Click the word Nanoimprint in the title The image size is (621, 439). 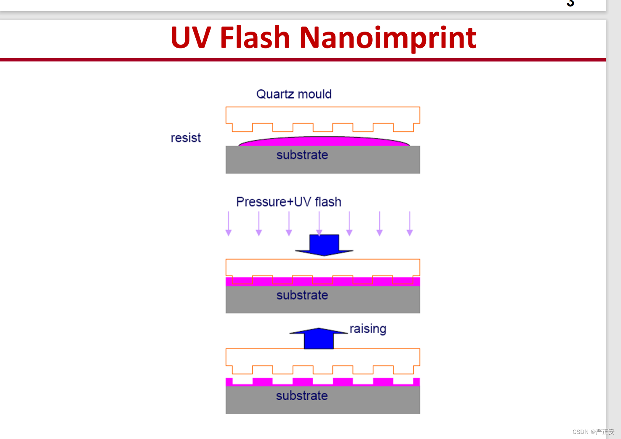pyautogui.click(x=388, y=38)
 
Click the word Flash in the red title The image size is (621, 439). pyautogui.click(x=255, y=37)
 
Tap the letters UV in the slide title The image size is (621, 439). pyautogui.click(x=191, y=37)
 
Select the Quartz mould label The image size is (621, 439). pyautogui.click(x=294, y=94)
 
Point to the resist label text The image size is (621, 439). pyautogui.click(x=186, y=138)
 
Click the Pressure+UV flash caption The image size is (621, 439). pyautogui.click(x=288, y=202)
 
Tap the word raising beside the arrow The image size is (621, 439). pyautogui.click(x=368, y=329)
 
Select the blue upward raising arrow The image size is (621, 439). pyautogui.click(x=319, y=338)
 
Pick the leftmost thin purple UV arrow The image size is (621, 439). pyautogui.click(x=229, y=224)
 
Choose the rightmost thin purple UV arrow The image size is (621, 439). pyautogui.click(x=410, y=224)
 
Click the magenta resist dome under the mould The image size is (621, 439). pyautogui.click(x=324, y=142)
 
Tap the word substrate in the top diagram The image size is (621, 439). pyautogui.click(x=302, y=155)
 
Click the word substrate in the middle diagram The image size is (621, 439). pyautogui.click(x=302, y=295)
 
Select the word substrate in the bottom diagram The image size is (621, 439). pyautogui.click(x=301, y=396)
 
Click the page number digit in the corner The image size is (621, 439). pyautogui.click(x=570, y=3)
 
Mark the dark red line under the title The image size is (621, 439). pyautogui.click(x=303, y=60)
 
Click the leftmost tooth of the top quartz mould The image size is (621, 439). pyautogui.click(x=243, y=127)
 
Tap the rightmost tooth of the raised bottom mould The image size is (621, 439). pyautogui.click(x=403, y=370)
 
